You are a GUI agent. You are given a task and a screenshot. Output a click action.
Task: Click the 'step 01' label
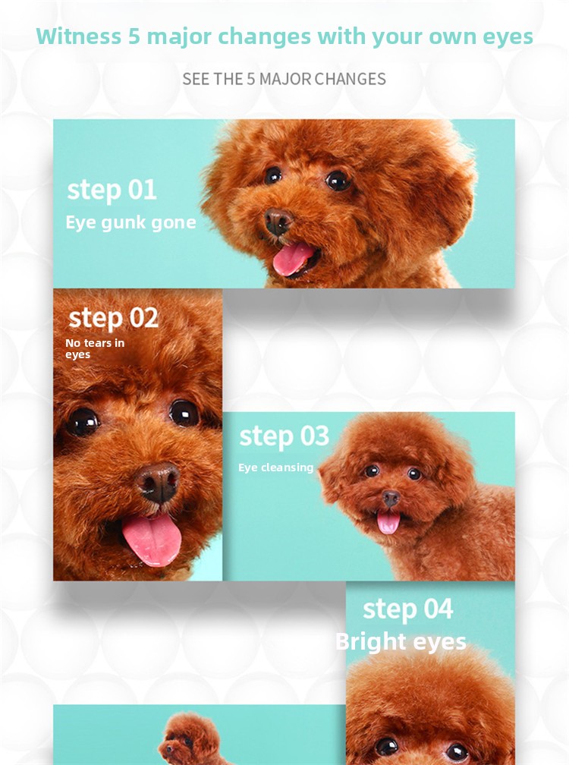(112, 190)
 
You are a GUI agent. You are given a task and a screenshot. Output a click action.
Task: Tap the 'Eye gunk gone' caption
(130, 222)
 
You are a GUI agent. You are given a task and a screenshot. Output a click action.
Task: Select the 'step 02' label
(113, 317)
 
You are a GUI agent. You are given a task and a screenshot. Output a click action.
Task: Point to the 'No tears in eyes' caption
(95, 349)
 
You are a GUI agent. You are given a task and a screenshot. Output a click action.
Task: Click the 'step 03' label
(284, 436)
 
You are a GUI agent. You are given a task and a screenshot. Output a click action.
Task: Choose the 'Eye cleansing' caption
(275, 467)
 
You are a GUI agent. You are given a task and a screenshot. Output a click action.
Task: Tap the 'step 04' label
(407, 609)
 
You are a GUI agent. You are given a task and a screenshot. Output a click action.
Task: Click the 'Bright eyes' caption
(401, 641)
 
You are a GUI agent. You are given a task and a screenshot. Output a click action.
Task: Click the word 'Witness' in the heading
(78, 36)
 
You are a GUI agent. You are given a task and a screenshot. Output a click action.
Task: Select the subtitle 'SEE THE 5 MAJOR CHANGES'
(284, 79)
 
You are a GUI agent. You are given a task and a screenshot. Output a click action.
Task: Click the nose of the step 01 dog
(278, 221)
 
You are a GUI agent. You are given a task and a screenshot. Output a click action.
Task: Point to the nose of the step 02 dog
(158, 482)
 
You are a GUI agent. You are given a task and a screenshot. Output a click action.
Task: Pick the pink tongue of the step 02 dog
(152, 539)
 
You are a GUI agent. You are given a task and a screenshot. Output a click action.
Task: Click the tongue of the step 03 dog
(388, 521)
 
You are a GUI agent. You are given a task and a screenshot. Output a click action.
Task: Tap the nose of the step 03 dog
(390, 498)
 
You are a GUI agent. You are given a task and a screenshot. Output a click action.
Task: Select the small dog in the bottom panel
(190, 738)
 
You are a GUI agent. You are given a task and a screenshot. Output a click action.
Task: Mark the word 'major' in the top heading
(180, 37)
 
